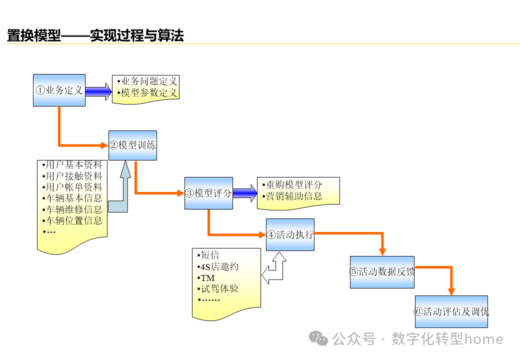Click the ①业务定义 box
point(59,90)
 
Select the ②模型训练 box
point(132,145)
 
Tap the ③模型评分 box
point(208,193)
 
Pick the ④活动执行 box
point(290,234)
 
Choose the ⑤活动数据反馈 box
point(382,272)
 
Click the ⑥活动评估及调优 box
point(451,312)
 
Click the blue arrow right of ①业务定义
point(98,91)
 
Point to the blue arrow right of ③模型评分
point(244,193)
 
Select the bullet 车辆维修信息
point(73,209)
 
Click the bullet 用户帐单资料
point(73,187)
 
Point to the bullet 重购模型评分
point(294,184)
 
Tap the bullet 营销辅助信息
point(294,196)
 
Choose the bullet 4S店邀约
point(219,266)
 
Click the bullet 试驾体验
point(219,288)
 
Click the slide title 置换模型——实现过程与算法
point(95,35)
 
